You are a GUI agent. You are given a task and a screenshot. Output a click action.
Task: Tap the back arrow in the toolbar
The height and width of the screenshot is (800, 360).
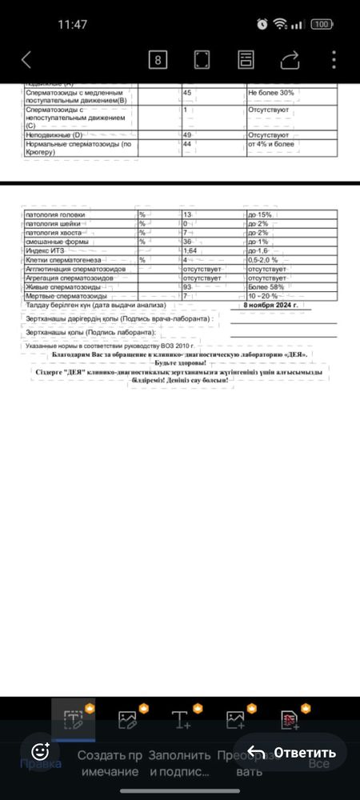pyautogui.click(x=26, y=60)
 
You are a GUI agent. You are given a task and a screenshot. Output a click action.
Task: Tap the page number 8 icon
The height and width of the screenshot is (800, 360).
pyautogui.click(x=158, y=60)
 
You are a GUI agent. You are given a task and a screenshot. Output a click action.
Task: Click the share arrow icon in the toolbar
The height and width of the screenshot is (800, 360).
pyautogui.click(x=290, y=60)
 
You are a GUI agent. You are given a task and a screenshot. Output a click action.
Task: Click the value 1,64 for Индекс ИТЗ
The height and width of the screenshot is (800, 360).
pyautogui.click(x=190, y=250)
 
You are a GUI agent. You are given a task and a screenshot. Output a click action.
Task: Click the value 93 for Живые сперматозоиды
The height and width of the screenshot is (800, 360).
pyautogui.click(x=188, y=286)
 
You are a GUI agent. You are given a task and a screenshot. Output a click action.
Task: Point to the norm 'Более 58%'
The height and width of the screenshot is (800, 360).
pyautogui.click(x=266, y=286)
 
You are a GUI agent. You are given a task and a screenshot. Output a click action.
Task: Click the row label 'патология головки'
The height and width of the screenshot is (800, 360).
pyautogui.click(x=55, y=215)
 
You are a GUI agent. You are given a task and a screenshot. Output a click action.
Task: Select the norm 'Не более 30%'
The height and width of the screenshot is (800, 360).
pyautogui.click(x=271, y=93)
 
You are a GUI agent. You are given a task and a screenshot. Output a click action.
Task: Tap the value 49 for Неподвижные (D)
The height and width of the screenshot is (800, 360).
pyautogui.click(x=188, y=135)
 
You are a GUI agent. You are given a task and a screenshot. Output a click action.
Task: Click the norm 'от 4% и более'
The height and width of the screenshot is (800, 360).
pyautogui.click(x=272, y=144)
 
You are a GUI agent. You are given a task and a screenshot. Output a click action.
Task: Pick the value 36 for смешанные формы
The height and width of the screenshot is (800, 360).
pyautogui.click(x=189, y=242)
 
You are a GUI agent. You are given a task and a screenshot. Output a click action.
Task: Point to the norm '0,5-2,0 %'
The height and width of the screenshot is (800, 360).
pyautogui.click(x=263, y=260)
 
